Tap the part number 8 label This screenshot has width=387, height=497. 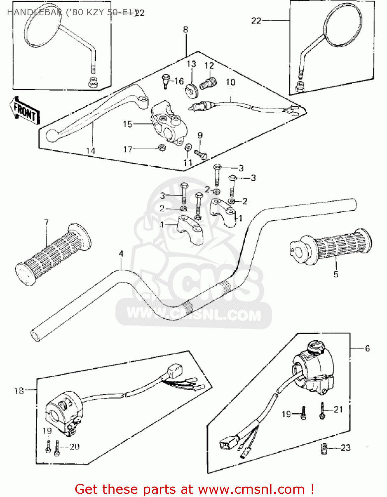click(186, 29)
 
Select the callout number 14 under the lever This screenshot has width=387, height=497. click(91, 151)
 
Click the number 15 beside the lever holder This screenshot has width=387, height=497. click(127, 124)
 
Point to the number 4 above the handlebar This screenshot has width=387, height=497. click(121, 254)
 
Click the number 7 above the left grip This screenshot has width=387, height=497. click(46, 222)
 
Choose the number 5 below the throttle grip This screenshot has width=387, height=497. click(336, 274)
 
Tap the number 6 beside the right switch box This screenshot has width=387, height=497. click(367, 348)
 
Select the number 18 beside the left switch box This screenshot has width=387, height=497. click(19, 391)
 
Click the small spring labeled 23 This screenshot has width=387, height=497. click(324, 449)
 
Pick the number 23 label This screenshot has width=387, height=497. click(346, 448)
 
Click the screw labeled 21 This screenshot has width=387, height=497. click(322, 411)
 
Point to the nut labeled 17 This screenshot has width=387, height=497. click(162, 147)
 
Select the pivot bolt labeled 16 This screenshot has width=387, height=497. click(165, 81)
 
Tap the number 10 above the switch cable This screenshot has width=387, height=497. click(231, 82)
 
